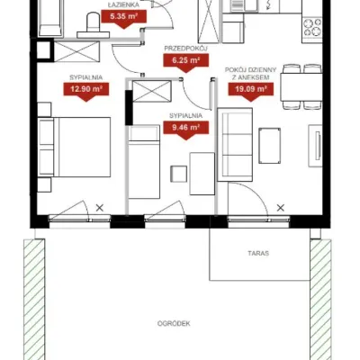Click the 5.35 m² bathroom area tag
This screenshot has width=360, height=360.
tap(124, 17)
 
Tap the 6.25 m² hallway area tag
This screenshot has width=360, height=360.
tap(186, 61)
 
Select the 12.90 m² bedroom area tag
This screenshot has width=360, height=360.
tap(86, 90)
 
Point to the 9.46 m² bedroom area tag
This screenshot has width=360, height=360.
tap(186, 128)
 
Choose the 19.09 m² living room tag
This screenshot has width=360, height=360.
tap(251, 90)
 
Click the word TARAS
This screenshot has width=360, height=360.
tap(258, 253)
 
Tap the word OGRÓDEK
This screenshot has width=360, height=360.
tap(174, 324)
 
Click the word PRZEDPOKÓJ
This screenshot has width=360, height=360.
tap(186, 49)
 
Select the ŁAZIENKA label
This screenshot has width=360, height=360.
tap(124, 4)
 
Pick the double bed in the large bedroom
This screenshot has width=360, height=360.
tap(75, 147)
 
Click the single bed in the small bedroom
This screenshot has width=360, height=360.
tap(144, 162)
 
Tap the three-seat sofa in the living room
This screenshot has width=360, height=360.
tap(235, 145)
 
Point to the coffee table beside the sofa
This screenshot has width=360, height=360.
tap(270, 146)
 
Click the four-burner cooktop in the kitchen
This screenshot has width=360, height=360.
tap(312, 27)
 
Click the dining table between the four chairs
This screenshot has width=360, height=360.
tap(301, 87)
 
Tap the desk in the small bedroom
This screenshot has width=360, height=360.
tap(202, 174)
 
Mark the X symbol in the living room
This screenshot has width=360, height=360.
tap(281, 208)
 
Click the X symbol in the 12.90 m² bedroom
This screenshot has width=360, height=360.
tap(100, 208)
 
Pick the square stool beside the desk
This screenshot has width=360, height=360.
tap(179, 174)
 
